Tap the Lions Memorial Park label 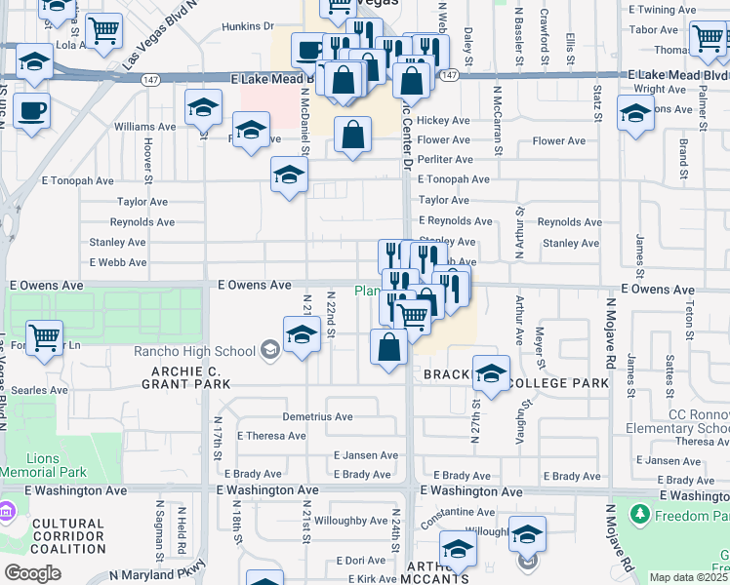pyautogui.click(x=43, y=465)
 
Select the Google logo pyautogui.click(x=32, y=573)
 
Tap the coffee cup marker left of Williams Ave pyautogui.click(x=31, y=111)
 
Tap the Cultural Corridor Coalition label pyautogui.click(x=67, y=536)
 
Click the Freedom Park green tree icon pyautogui.click(x=640, y=513)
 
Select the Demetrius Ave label pyautogui.click(x=317, y=416)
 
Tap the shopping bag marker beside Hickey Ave pyautogui.click(x=352, y=136)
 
